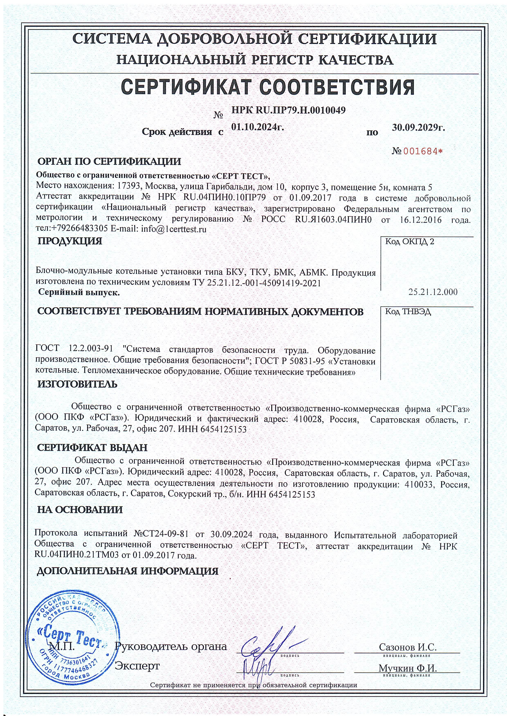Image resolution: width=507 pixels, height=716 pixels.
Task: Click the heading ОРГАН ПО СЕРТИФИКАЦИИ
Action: click(x=109, y=161)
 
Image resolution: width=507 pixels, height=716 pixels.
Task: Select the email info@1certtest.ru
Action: click(x=174, y=229)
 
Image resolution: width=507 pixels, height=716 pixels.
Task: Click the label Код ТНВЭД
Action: click(x=408, y=312)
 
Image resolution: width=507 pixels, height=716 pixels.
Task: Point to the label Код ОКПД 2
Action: click(x=410, y=242)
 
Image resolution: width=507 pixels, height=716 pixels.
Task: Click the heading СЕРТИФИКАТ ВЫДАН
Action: click(x=92, y=448)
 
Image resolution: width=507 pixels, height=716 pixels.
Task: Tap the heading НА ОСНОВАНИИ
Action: click(x=80, y=510)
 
